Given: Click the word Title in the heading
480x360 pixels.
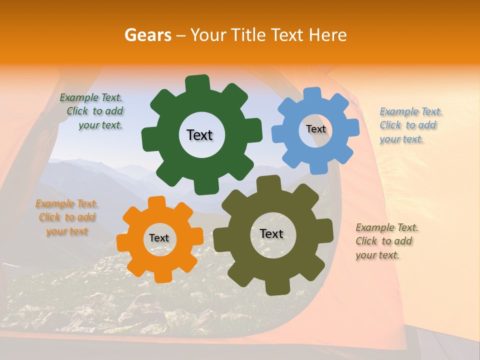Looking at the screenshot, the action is pyautogui.click(x=249, y=35).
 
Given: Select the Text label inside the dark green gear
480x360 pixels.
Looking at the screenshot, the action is pyautogui.click(x=199, y=135).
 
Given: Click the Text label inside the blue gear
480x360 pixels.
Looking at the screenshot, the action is pyautogui.click(x=315, y=129).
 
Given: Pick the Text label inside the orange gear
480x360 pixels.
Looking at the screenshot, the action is pyautogui.click(x=159, y=238).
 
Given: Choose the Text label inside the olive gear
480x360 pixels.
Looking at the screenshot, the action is pyautogui.click(x=271, y=234).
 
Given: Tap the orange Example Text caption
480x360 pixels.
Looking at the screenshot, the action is pyautogui.click(x=66, y=217).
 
